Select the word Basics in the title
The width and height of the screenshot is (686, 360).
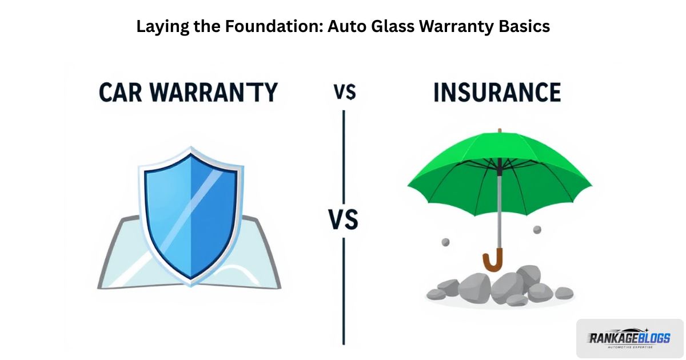coord(524,26)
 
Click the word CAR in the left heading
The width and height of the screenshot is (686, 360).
coord(121,92)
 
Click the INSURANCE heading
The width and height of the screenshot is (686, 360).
coord(497,92)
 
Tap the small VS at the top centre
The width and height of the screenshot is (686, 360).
coord(345,92)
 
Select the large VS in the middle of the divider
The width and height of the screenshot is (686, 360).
coord(344,219)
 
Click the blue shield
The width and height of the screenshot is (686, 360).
coord(191,216)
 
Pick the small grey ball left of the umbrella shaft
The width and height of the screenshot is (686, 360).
coord(445,242)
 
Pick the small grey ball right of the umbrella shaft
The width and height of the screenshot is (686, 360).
coord(537,230)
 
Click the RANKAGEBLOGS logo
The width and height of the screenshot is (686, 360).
coord(629,338)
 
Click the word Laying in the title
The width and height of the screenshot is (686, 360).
coord(162,27)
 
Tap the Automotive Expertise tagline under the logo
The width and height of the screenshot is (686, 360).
coord(630,347)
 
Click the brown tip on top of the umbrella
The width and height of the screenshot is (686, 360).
coord(500,131)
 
